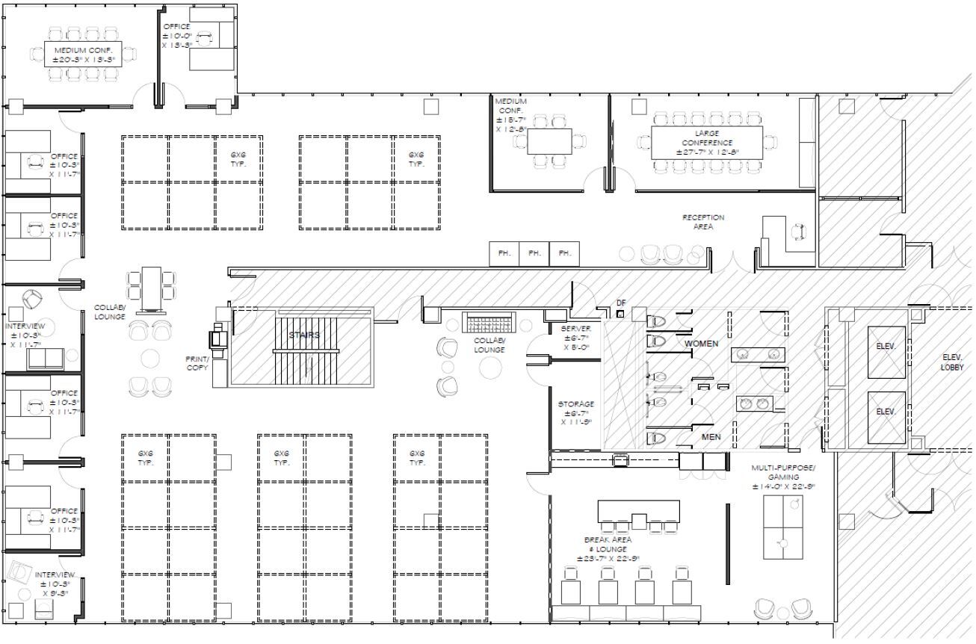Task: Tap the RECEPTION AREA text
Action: (x=702, y=222)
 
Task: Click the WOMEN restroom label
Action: (x=701, y=344)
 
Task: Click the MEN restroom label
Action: (x=711, y=437)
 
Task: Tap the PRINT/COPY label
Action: (x=197, y=364)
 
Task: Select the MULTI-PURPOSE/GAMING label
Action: (x=784, y=476)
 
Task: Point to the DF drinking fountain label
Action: (x=620, y=303)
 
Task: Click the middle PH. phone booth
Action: (x=534, y=253)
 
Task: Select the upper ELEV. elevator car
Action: (x=885, y=347)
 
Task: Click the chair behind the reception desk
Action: (x=799, y=232)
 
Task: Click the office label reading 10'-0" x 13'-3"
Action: (x=177, y=36)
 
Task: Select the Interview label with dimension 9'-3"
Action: (x=55, y=583)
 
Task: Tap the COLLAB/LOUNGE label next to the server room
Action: (x=489, y=344)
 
